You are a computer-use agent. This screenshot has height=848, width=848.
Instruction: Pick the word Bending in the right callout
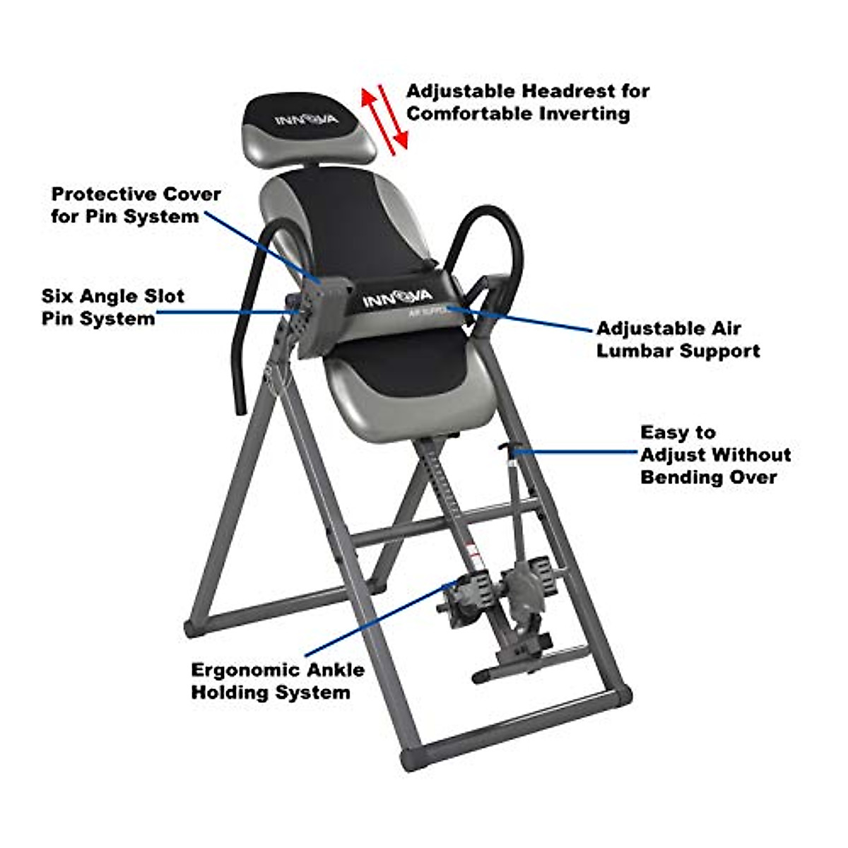pos(681,477)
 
